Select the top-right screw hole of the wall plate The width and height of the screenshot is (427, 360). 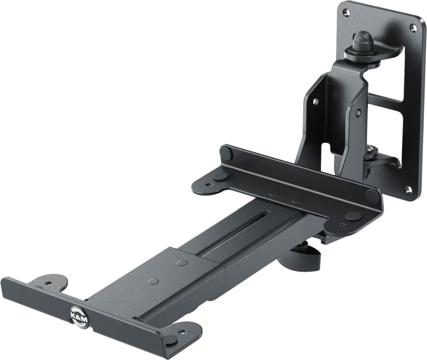click(414, 27)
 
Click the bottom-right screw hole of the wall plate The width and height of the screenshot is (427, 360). click(409, 189)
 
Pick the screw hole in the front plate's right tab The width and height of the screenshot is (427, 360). click(181, 332)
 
